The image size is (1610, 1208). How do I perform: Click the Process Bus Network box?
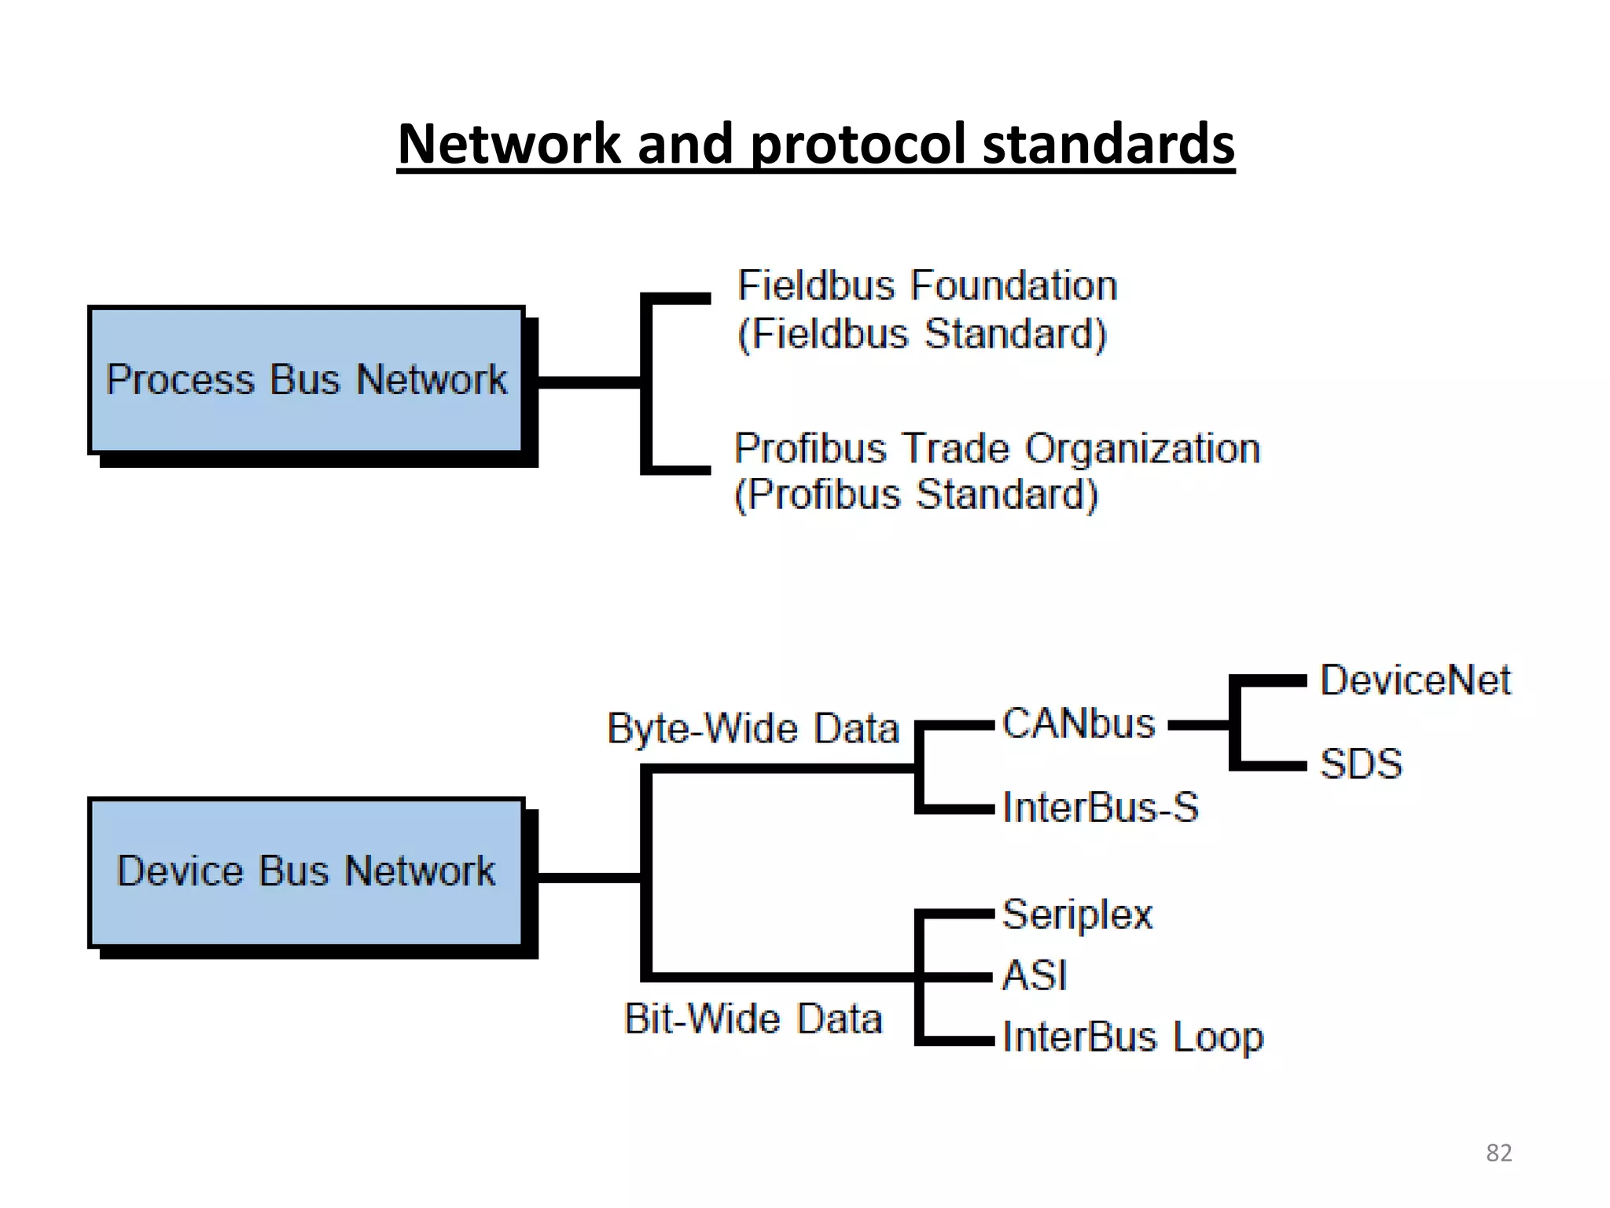click(x=307, y=380)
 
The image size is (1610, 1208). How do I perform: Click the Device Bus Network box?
click(x=307, y=871)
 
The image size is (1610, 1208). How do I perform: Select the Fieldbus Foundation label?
click(x=927, y=285)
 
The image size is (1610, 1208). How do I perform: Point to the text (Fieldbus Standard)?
click(x=922, y=334)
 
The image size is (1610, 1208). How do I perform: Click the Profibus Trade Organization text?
click(x=997, y=449)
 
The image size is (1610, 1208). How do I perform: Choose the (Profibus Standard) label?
click(x=916, y=495)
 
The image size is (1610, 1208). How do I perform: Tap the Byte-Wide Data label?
click(x=753, y=728)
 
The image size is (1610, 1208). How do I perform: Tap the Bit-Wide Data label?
click(x=753, y=1019)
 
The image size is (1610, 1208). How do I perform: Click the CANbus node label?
click(x=1079, y=724)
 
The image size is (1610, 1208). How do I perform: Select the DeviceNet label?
click(x=1415, y=680)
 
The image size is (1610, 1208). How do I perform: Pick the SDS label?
click(x=1361, y=764)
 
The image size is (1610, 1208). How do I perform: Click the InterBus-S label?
click(x=1101, y=808)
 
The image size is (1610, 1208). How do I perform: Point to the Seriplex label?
click(x=1078, y=915)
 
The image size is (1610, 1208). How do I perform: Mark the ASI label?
click(x=1035, y=976)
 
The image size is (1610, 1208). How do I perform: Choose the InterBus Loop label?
click(x=1133, y=1037)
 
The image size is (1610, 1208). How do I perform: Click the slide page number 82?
click(x=1498, y=1153)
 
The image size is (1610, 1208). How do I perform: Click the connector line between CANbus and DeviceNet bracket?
click(x=1199, y=725)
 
